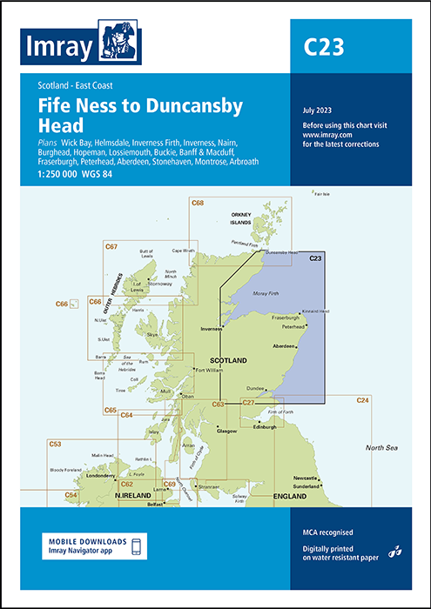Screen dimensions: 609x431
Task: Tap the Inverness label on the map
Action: [213, 331]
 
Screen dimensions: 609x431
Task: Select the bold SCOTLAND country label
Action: [229, 360]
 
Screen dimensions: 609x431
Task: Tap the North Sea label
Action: [381, 447]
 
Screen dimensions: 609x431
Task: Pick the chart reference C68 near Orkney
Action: [199, 205]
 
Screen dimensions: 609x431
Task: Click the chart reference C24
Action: [363, 400]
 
